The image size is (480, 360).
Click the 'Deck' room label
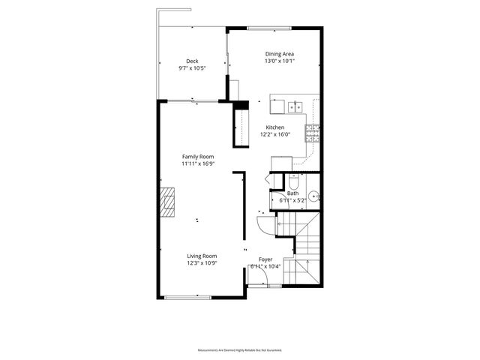pos(192,61)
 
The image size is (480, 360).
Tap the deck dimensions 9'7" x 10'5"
pos(192,68)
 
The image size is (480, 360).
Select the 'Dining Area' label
pos(279,54)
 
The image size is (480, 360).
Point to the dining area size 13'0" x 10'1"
pos(279,61)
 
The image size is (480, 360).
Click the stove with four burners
pos(312,133)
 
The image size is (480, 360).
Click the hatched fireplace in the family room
pos(166,201)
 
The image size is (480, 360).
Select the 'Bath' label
pos(292,193)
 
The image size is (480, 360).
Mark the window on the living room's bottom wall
pos(187,298)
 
